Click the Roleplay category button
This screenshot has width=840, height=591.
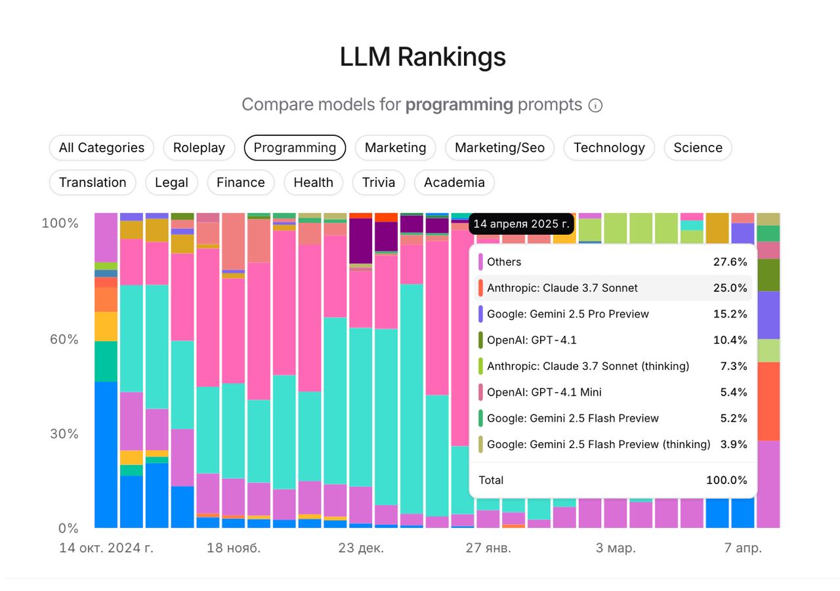(x=199, y=148)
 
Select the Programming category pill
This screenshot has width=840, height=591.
(x=295, y=148)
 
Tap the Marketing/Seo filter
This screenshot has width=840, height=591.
(x=499, y=148)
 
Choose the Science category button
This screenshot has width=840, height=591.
(x=698, y=148)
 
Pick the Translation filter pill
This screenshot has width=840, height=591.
(x=93, y=182)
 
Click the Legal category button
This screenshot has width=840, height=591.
(x=171, y=182)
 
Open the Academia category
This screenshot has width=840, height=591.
(x=454, y=182)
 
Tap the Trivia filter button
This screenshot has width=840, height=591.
(x=379, y=182)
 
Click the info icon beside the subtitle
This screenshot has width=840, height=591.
(x=595, y=106)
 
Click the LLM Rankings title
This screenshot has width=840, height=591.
(x=423, y=57)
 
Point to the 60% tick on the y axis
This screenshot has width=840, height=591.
(x=64, y=339)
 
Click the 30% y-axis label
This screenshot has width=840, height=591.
(x=64, y=434)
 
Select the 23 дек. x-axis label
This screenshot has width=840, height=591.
(x=361, y=548)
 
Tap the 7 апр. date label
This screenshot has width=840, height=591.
(x=743, y=548)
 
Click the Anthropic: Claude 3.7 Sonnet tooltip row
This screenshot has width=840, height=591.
(x=562, y=288)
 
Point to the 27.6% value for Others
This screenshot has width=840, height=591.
(x=730, y=262)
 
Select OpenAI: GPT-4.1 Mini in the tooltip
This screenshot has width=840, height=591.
(x=544, y=392)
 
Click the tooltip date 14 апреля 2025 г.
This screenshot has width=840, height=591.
(x=521, y=224)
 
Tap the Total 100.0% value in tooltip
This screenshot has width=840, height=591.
(x=726, y=480)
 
